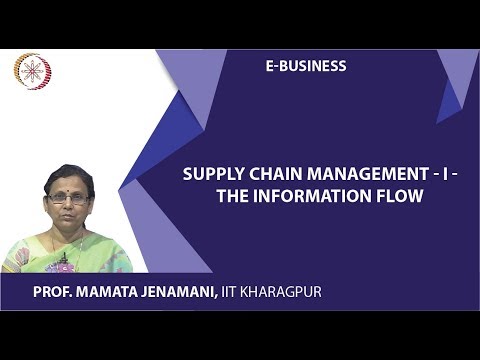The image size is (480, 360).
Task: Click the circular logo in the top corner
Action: point(32,72)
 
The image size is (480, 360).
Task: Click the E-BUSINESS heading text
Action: point(306,66)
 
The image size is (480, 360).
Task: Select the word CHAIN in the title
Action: point(265,173)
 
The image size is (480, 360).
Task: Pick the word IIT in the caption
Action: point(259,291)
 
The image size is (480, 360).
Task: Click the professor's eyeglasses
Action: point(68,198)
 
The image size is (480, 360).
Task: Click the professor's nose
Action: point(68,205)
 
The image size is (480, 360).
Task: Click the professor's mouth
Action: point(68,216)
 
